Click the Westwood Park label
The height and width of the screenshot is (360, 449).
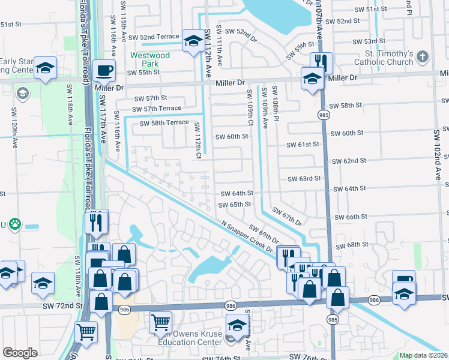pos(149,59)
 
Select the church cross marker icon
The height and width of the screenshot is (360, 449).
pos(423,56)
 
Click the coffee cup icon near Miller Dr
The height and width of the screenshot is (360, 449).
pos(105,71)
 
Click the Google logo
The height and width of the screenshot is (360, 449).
pos(20,353)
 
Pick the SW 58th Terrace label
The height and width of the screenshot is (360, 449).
pos(164,123)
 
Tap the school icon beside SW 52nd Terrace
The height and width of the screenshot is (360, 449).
pos(193,41)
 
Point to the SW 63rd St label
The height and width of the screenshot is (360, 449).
pos(304,178)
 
